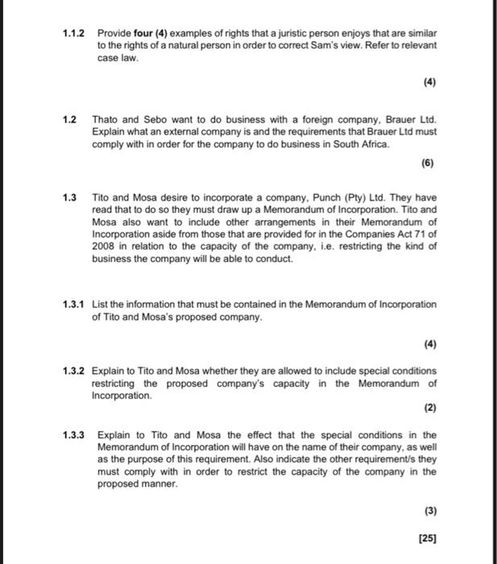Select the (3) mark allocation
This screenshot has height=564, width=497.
coord(427,510)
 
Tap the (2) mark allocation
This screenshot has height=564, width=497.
coord(427,408)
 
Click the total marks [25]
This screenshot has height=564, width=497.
coord(425,537)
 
